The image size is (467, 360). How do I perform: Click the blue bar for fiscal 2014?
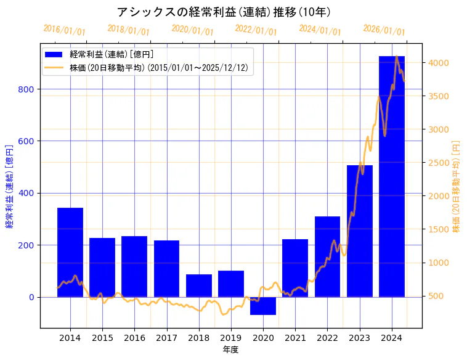coord(70,252)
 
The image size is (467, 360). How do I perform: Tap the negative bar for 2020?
coord(263,306)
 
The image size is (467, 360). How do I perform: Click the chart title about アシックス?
coord(224,12)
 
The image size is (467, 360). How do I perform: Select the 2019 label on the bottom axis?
coord(231,338)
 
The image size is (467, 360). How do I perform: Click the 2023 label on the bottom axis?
coord(360,338)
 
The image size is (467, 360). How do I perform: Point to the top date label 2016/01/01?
coord(65,30)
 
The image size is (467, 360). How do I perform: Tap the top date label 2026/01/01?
coord(384,30)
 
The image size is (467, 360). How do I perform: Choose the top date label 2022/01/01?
coord(256,30)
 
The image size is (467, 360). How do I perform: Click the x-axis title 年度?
coord(231,350)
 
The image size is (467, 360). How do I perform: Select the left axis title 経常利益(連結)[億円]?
coord(9,187)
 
